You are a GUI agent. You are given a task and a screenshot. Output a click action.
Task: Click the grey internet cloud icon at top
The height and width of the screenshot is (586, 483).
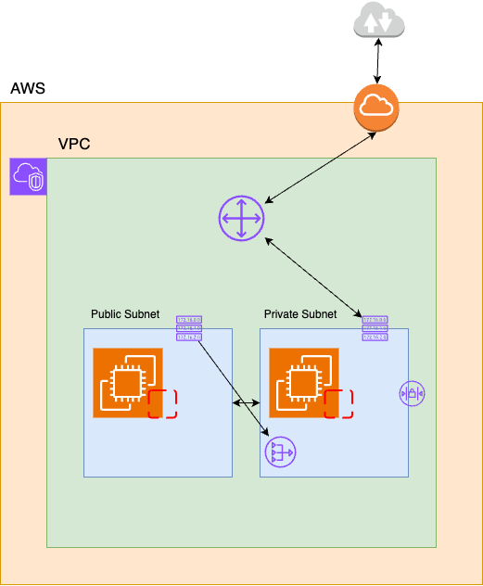click(378, 21)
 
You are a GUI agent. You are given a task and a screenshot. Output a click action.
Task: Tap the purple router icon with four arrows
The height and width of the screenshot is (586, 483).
click(242, 220)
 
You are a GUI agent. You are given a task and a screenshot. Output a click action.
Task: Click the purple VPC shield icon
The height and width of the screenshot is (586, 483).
click(28, 176)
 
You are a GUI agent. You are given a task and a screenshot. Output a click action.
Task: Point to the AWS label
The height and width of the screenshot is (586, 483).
click(28, 90)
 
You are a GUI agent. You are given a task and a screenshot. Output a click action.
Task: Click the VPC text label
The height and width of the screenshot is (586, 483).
click(74, 146)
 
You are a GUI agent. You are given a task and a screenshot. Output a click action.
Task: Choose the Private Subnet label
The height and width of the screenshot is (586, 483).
click(300, 315)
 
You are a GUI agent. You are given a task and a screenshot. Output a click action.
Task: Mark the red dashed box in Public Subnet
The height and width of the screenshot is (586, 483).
click(162, 404)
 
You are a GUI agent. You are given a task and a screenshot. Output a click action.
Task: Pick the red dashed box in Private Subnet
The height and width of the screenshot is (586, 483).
click(338, 404)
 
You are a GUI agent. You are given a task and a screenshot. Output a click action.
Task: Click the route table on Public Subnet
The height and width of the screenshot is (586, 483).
click(189, 328)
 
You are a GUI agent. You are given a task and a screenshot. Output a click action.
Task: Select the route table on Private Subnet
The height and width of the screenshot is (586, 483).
click(375, 328)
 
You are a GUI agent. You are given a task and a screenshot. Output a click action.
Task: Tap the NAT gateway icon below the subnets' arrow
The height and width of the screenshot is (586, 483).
click(280, 452)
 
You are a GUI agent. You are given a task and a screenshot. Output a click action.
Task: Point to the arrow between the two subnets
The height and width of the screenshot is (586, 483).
click(246, 403)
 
